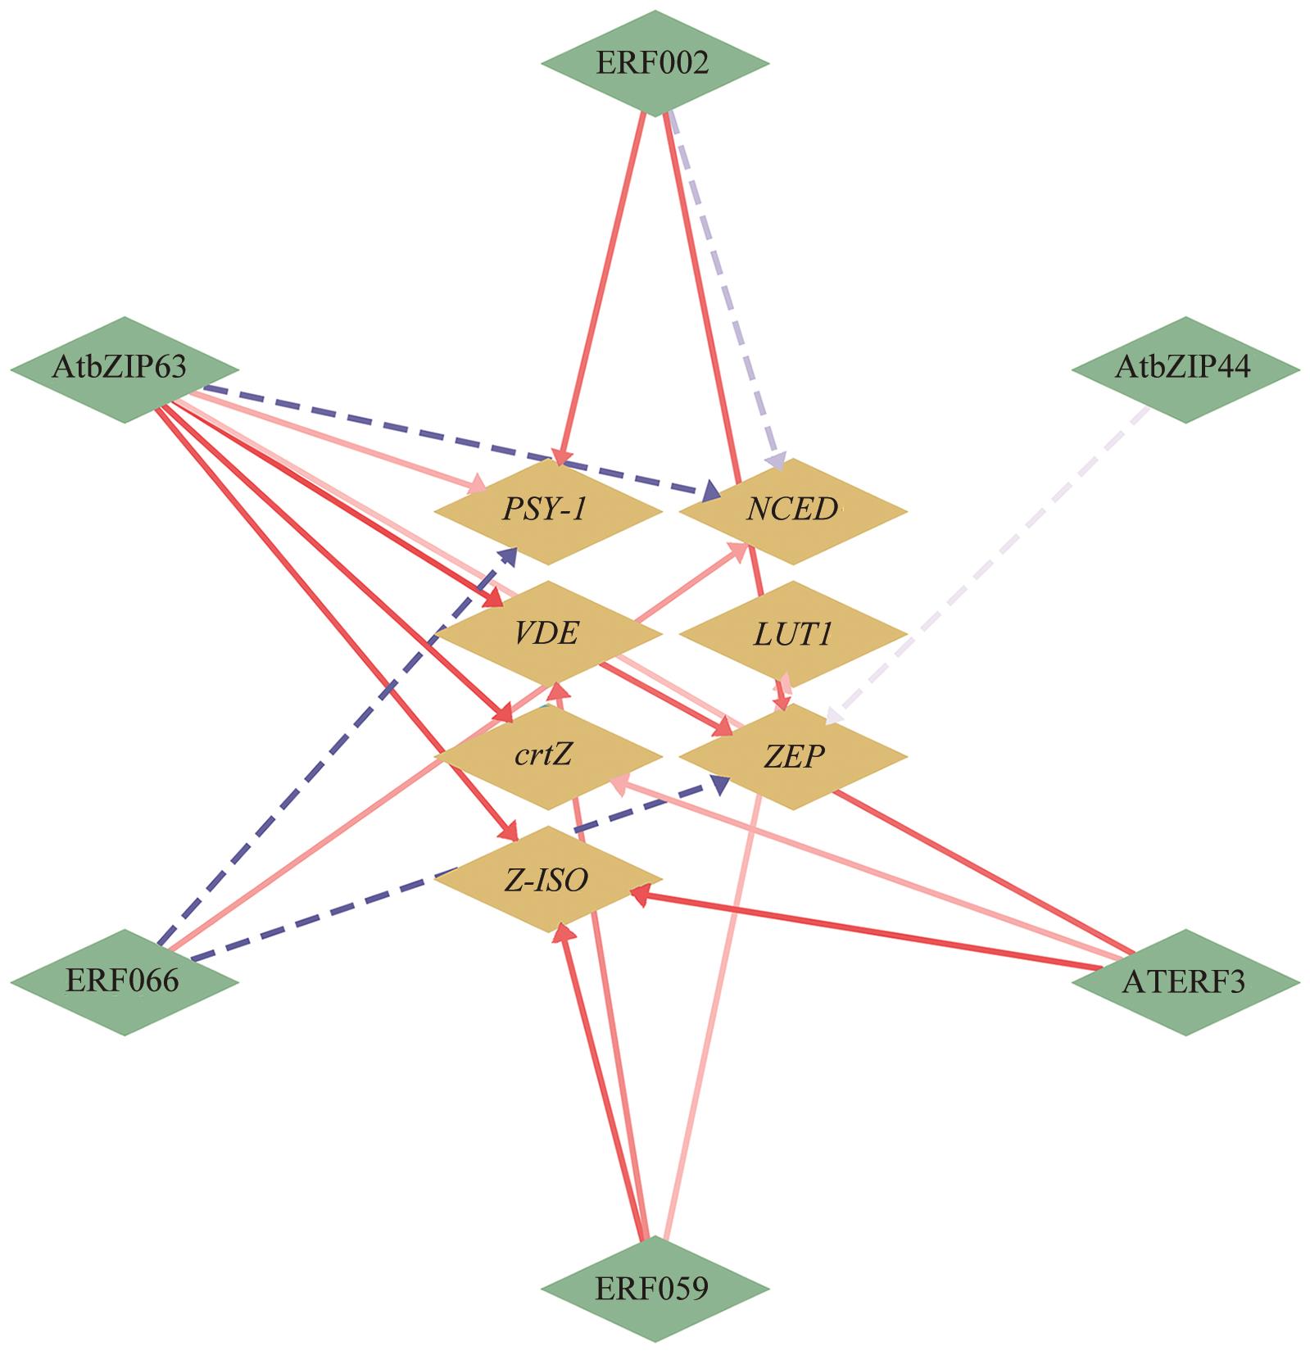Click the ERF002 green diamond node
tap(654, 63)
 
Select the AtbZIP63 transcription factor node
tap(124, 369)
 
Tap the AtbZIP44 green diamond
tap(1185, 369)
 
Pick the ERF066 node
tap(124, 981)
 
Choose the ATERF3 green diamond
tap(1185, 981)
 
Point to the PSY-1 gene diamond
tap(547, 511)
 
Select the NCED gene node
tap(792, 511)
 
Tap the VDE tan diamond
tap(547, 634)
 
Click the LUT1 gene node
tap(792, 634)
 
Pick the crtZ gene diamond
tap(547, 756)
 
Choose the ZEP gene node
tap(792, 756)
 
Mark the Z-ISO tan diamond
tap(547, 879)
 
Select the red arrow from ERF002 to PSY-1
tap(602, 287)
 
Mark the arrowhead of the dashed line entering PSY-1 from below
tap(510, 555)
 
